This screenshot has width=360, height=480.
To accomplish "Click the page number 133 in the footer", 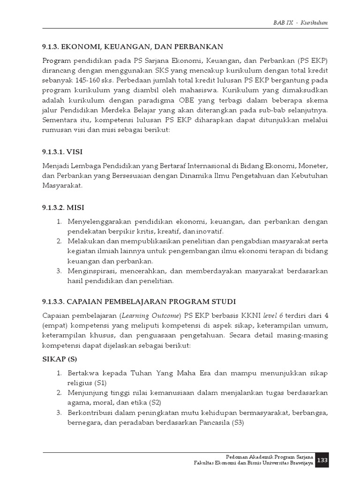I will [322, 460].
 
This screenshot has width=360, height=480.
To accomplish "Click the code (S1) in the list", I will [101, 382].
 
